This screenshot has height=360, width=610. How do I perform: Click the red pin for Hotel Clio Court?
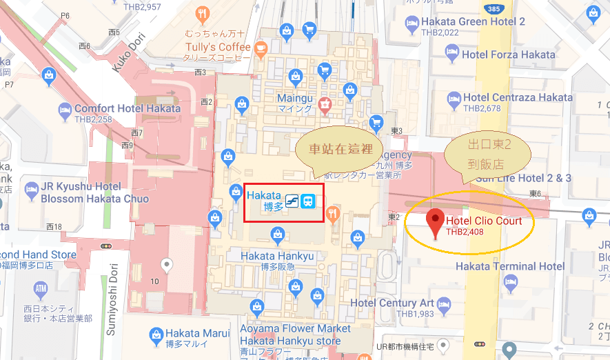tap(435, 222)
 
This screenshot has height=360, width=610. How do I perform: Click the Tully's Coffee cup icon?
tap(261, 48)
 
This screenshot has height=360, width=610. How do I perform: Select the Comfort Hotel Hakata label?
tap(128, 108)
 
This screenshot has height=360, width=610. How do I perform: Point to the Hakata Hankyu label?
tap(277, 256)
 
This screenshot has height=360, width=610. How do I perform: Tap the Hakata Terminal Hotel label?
tap(510, 266)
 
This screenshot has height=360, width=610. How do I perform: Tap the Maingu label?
tap(295, 99)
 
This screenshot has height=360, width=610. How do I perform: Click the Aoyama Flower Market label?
tap(296, 330)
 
